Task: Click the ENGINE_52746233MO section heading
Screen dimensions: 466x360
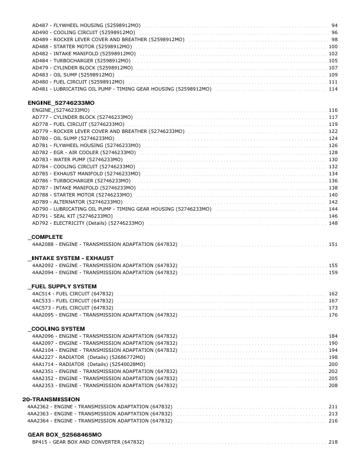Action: pyautogui.click(x=61, y=103)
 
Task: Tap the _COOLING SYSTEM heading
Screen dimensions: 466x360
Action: pyautogui.click(x=56, y=328)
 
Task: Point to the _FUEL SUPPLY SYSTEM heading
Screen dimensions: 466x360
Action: pyautogui.click(x=62, y=286)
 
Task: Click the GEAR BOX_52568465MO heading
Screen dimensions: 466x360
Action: pyautogui.click(x=65, y=434)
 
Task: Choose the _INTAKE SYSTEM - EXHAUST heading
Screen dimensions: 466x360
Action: pyautogui.click(x=71, y=258)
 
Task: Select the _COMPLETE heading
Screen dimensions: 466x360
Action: pyautogui.click(x=45, y=237)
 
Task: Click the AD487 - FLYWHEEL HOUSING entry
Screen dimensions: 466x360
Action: pyautogui.click(x=86, y=26)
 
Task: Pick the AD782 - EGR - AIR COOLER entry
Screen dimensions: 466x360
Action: pyautogui.click(x=84, y=152)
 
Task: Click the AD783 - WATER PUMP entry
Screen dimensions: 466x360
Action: pyautogui.click(x=81, y=159)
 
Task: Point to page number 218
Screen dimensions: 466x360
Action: pyautogui.click(x=333, y=442)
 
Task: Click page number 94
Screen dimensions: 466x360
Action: pyautogui.click(x=335, y=26)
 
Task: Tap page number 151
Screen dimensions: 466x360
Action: pyautogui.click(x=333, y=244)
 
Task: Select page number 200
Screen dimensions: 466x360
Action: pyautogui.click(x=333, y=364)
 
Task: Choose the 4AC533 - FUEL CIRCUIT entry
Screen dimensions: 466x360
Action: pyautogui.click(x=73, y=301)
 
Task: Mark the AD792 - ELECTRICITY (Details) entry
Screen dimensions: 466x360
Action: pyautogui.click(x=88, y=223)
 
